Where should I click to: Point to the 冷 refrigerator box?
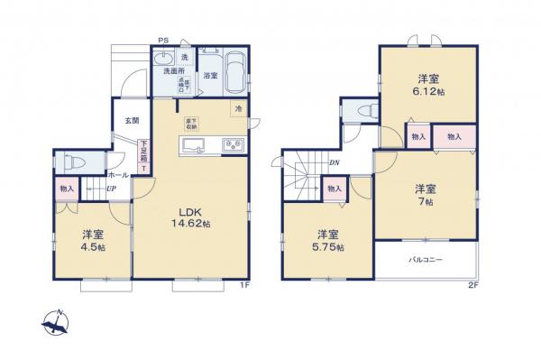tap(238, 110)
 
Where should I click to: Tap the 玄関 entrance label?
tap(132, 120)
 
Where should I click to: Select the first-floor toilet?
tap(73, 163)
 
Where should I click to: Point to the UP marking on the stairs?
tap(111, 189)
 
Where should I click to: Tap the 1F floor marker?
tap(243, 286)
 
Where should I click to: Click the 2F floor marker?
tap(472, 286)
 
